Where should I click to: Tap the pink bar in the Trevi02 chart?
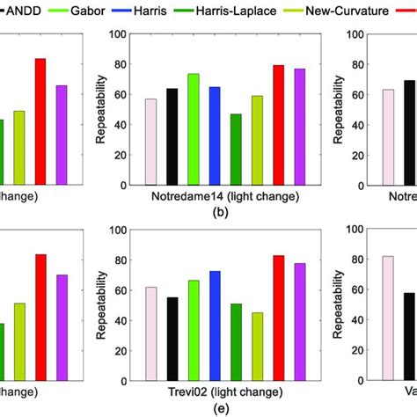coord(151,334)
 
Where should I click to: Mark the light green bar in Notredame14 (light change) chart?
coord(194,130)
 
